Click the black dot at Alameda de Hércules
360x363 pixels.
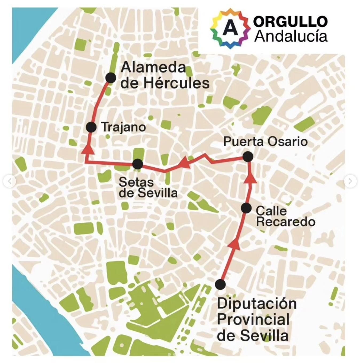tap(111, 78)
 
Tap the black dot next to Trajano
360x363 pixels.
tap(91, 127)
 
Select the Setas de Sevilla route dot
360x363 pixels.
tap(138, 164)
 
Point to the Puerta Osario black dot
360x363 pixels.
tap(248, 157)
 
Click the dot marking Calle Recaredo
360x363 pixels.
tap(246, 208)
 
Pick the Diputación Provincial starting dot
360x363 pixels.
tap(220, 284)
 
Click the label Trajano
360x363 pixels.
tap(124, 127)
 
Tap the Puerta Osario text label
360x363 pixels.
tap(265, 141)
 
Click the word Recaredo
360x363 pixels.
tap(285, 222)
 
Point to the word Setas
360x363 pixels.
tap(136, 182)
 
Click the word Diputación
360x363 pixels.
tap(257, 304)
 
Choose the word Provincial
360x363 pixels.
tap(253, 319)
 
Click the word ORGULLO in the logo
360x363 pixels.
tap(290, 21)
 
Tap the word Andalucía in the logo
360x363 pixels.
tap(291, 36)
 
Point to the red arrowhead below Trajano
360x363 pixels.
tap(88, 150)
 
